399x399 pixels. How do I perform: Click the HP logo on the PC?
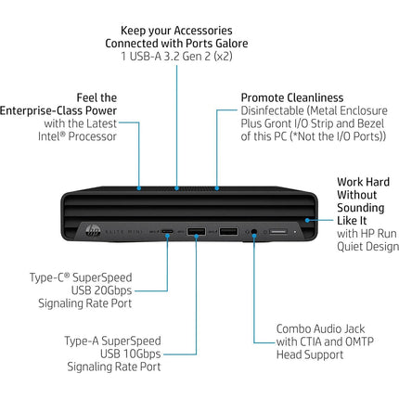[93, 231]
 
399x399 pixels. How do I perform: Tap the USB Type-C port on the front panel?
[167, 231]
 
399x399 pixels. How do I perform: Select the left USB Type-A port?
[196, 231]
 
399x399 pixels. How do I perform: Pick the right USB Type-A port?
[228, 231]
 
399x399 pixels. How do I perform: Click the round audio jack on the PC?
[254, 231]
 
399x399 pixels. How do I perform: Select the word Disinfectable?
[273, 110]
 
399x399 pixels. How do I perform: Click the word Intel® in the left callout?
[52, 136]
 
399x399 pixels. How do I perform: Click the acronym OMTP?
[359, 341]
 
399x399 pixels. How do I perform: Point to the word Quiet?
[351, 247]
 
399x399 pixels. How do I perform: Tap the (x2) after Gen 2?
[223, 57]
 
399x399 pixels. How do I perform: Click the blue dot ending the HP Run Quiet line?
[307, 220]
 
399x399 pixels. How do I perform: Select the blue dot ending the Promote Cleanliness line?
[217, 188]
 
